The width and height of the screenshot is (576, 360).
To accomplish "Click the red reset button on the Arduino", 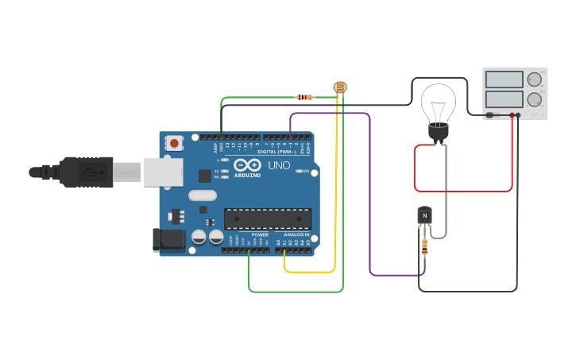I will [173, 143].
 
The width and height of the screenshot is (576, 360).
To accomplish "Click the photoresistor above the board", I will [340, 87].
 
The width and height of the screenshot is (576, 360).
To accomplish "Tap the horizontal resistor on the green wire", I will [304, 98].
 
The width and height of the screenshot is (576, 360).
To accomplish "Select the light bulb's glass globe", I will [438, 101].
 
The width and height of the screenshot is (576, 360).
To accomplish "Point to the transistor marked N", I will [425, 216].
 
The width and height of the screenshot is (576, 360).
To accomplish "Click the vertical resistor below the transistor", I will [425, 247].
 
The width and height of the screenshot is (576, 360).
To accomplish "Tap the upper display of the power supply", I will [504, 79].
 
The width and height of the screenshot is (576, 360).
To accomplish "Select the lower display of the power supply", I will [504, 99].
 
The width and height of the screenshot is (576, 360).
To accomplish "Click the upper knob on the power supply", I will [534, 79].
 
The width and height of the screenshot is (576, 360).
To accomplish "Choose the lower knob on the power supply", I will [534, 99].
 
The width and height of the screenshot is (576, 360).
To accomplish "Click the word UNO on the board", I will [279, 165].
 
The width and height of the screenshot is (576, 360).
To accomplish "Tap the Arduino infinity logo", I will [246, 165].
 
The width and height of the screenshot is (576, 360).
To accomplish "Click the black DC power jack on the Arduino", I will [163, 239].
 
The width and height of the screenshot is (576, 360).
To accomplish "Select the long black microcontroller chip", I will [268, 219].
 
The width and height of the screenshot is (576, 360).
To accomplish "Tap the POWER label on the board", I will [260, 235].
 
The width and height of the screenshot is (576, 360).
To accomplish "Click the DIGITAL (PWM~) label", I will [276, 152].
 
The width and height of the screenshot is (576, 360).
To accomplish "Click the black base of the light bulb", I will [438, 132].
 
